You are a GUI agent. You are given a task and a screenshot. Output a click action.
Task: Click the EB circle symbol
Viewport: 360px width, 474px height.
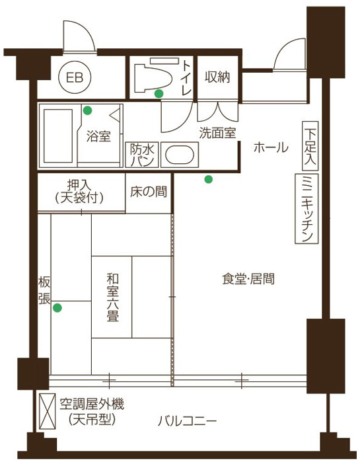pyautogui.click(x=75, y=78)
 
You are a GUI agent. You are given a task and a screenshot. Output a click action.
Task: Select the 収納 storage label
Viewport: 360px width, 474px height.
pyautogui.click(x=217, y=77)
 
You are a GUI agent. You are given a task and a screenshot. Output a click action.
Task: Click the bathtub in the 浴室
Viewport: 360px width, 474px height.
pyautogui.click(x=58, y=136)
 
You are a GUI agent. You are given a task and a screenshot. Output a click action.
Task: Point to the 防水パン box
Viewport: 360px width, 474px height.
pyautogui.click(x=142, y=155)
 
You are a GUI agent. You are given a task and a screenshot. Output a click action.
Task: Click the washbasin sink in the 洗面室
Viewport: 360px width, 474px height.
pyautogui.click(x=180, y=155)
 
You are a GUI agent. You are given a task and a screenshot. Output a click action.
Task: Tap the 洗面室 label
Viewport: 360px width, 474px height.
pyautogui.click(x=217, y=133)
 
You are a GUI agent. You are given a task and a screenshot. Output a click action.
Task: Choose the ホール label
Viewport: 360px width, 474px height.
pyautogui.click(x=271, y=148)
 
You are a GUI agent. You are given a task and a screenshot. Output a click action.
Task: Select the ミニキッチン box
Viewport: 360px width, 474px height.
pyautogui.click(x=306, y=209)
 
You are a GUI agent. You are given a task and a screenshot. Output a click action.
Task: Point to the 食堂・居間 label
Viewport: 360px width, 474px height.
pyautogui.click(x=248, y=279)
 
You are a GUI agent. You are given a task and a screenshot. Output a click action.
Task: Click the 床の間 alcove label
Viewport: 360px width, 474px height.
pyautogui.click(x=149, y=192)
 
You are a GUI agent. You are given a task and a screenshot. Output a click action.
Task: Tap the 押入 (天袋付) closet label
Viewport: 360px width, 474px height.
pyautogui.click(x=79, y=192)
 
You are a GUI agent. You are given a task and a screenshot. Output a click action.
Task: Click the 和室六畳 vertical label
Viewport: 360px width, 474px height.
pyautogui.click(x=113, y=297)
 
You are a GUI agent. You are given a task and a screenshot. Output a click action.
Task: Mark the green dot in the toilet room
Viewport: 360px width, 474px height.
pyautogui.click(x=159, y=94)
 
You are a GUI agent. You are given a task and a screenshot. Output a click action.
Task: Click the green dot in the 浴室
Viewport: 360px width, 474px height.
pyautogui.click(x=88, y=110)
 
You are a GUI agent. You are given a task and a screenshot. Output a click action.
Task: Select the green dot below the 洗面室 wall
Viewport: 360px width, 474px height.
pyautogui.click(x=208, y=179)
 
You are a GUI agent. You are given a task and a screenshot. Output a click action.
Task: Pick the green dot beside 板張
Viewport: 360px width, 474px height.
pyautogui.click(x=57, y=308)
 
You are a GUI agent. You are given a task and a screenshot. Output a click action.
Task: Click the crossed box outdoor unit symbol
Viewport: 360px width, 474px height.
pyautogui.click(x=48, y=411)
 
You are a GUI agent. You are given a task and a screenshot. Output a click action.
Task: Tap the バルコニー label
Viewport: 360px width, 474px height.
pyautogui.click(x=187, y=420)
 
